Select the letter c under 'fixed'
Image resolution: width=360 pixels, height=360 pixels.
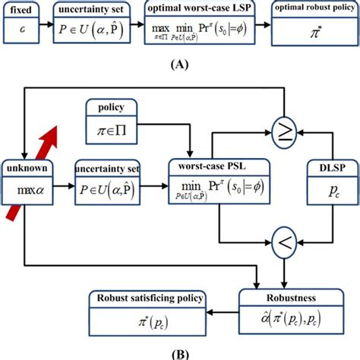21,30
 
